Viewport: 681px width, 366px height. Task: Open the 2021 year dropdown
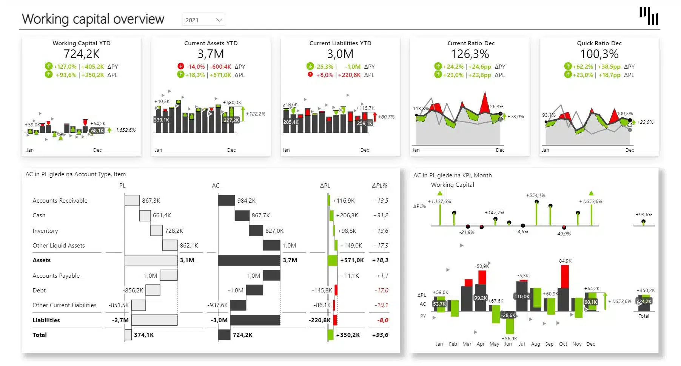tap(203, 20)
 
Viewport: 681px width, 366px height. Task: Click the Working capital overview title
tap(93, 19)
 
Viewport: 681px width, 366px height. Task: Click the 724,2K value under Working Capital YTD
tap(82, 54)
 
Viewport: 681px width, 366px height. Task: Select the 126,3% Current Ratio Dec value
tap(470, 54)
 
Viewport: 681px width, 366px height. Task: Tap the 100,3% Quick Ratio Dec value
tap(599, 54)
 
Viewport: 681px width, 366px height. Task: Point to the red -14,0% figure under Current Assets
tap(196, 67)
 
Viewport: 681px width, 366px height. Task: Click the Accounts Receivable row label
tap(60, 201)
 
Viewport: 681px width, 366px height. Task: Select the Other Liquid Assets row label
tap(59, 246)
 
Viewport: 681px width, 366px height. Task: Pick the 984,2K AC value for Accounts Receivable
tap(247, 201)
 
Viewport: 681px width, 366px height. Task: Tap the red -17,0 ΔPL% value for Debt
tap(381, 291)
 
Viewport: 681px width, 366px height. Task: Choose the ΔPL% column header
tap(379, 186)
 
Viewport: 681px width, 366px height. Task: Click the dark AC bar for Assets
tap(249, 260)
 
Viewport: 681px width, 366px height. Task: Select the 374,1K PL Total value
tap(144, 335)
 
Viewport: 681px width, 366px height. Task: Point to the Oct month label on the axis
tap(563, 344)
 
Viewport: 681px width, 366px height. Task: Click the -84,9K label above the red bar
tap(564, 261)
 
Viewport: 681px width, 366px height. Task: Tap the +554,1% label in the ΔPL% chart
tap(536, 195)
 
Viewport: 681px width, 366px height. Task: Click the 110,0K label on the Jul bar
tap(522, 297)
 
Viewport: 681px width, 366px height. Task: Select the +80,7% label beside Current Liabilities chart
tap(386, 117)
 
